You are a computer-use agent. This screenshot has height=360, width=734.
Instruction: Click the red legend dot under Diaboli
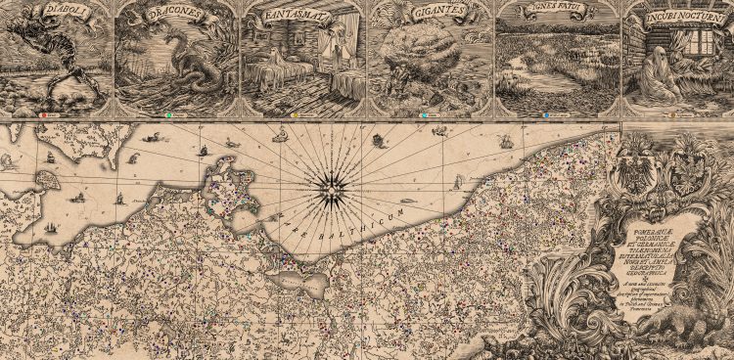click(x=43, y=114)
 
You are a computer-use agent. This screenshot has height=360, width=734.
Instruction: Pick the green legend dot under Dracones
click(x=170, y=114)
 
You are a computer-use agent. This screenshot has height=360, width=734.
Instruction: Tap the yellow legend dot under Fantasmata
click(x=297, y=114)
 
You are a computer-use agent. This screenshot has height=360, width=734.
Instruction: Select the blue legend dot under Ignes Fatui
click(x=549, y=114)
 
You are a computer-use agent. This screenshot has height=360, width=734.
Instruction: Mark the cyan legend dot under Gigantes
click(x=423, y=114)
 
